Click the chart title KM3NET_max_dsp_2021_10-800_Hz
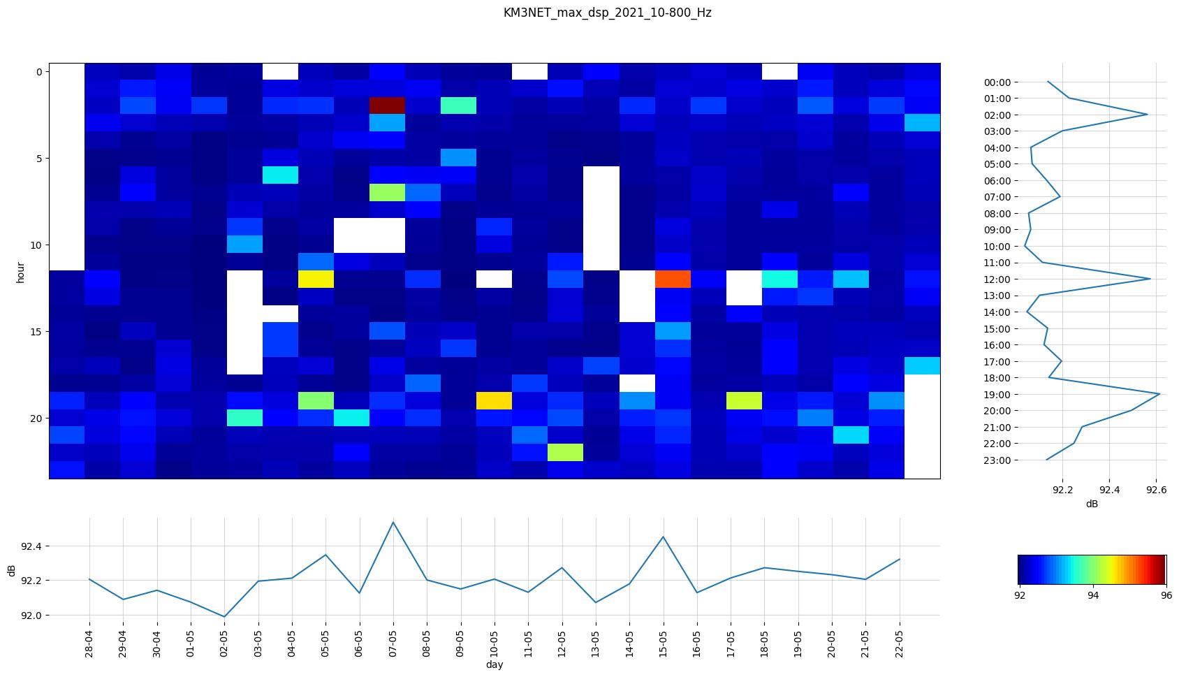tap(607, 13)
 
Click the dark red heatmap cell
tap(388, 105)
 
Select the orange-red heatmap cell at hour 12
tap(673, 279)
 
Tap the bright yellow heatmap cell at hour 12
tap(316, 279)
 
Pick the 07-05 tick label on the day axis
tap(393, 639)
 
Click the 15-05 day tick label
tap(663, 639)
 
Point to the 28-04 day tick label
tap(90, 639)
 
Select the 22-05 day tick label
tap(899, 639)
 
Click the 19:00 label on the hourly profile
tap(997, 394)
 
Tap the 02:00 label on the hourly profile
tap(997, 115)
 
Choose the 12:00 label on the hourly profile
tap(997, 279)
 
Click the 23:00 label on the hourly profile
tap(997, 460)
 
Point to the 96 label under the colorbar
tap(1166, 595)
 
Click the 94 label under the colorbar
tap(1093, 595)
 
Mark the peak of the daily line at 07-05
tap(393, 523)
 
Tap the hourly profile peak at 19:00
tap(1159, 394)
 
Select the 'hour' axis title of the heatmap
tap(21, 272)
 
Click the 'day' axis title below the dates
tap(495, 664)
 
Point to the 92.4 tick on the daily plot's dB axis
tap(31, 546)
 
